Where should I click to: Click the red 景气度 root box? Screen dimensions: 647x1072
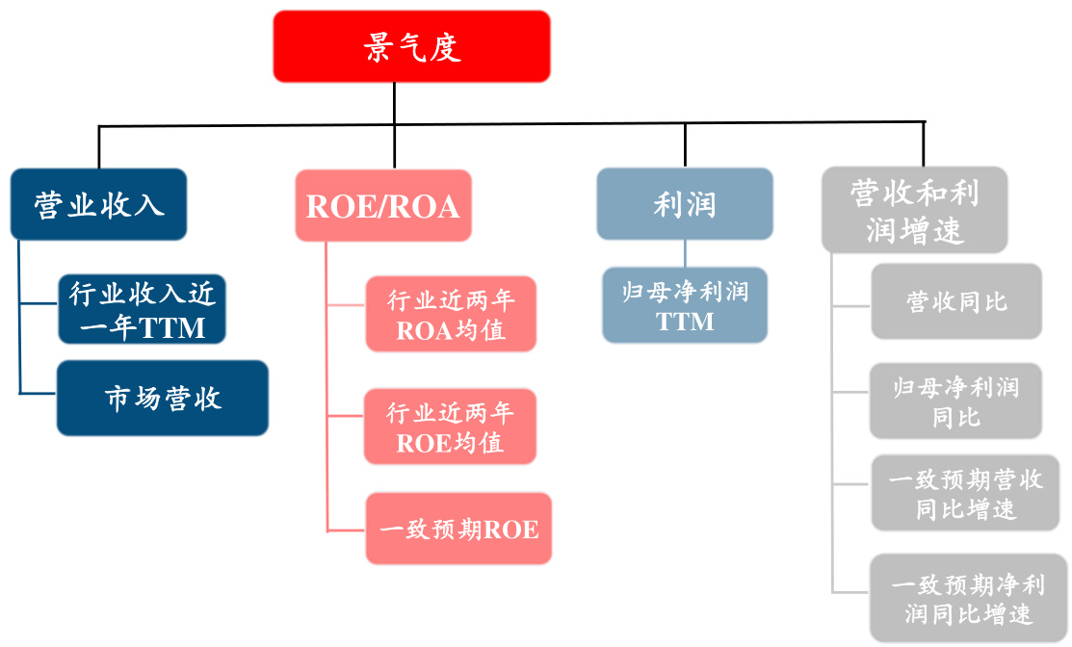(x=411, y=46)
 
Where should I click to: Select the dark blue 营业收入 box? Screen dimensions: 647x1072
(x=98, y=204)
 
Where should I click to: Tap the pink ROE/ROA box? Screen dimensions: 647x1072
(x=382, y=205)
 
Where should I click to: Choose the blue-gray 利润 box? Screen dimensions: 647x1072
(x=684, y=204)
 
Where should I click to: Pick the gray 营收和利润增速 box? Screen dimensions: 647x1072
(x=914, y=210)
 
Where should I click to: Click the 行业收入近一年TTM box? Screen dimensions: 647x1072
(x=142, y=309)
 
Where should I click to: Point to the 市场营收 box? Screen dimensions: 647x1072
(x=162, y=398)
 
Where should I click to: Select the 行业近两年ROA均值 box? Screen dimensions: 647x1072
(x=450, y=314)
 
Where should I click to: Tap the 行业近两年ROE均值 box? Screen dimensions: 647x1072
(x=450, y=427)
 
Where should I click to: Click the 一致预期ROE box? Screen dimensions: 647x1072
(x=458, y=529)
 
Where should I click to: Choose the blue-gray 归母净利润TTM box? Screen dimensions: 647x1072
(x=684, y=305)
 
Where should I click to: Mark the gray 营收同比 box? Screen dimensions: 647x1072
(x=955, y=301)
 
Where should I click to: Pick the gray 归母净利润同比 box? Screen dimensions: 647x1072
(x=955, y=401)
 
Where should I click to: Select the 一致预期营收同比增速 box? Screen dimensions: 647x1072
(x=965, y=493)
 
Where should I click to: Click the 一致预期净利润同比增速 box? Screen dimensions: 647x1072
(x=967, y=598)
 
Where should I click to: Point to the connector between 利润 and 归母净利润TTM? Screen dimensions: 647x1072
(x=685, y=253)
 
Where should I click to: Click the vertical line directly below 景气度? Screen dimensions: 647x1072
(x=394, y=104)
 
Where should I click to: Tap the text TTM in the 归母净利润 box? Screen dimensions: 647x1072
(x=685, y=322)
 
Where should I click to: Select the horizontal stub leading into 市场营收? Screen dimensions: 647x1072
(x=39, y=393)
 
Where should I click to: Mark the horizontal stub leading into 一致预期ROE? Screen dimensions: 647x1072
(x=346, y=530)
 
